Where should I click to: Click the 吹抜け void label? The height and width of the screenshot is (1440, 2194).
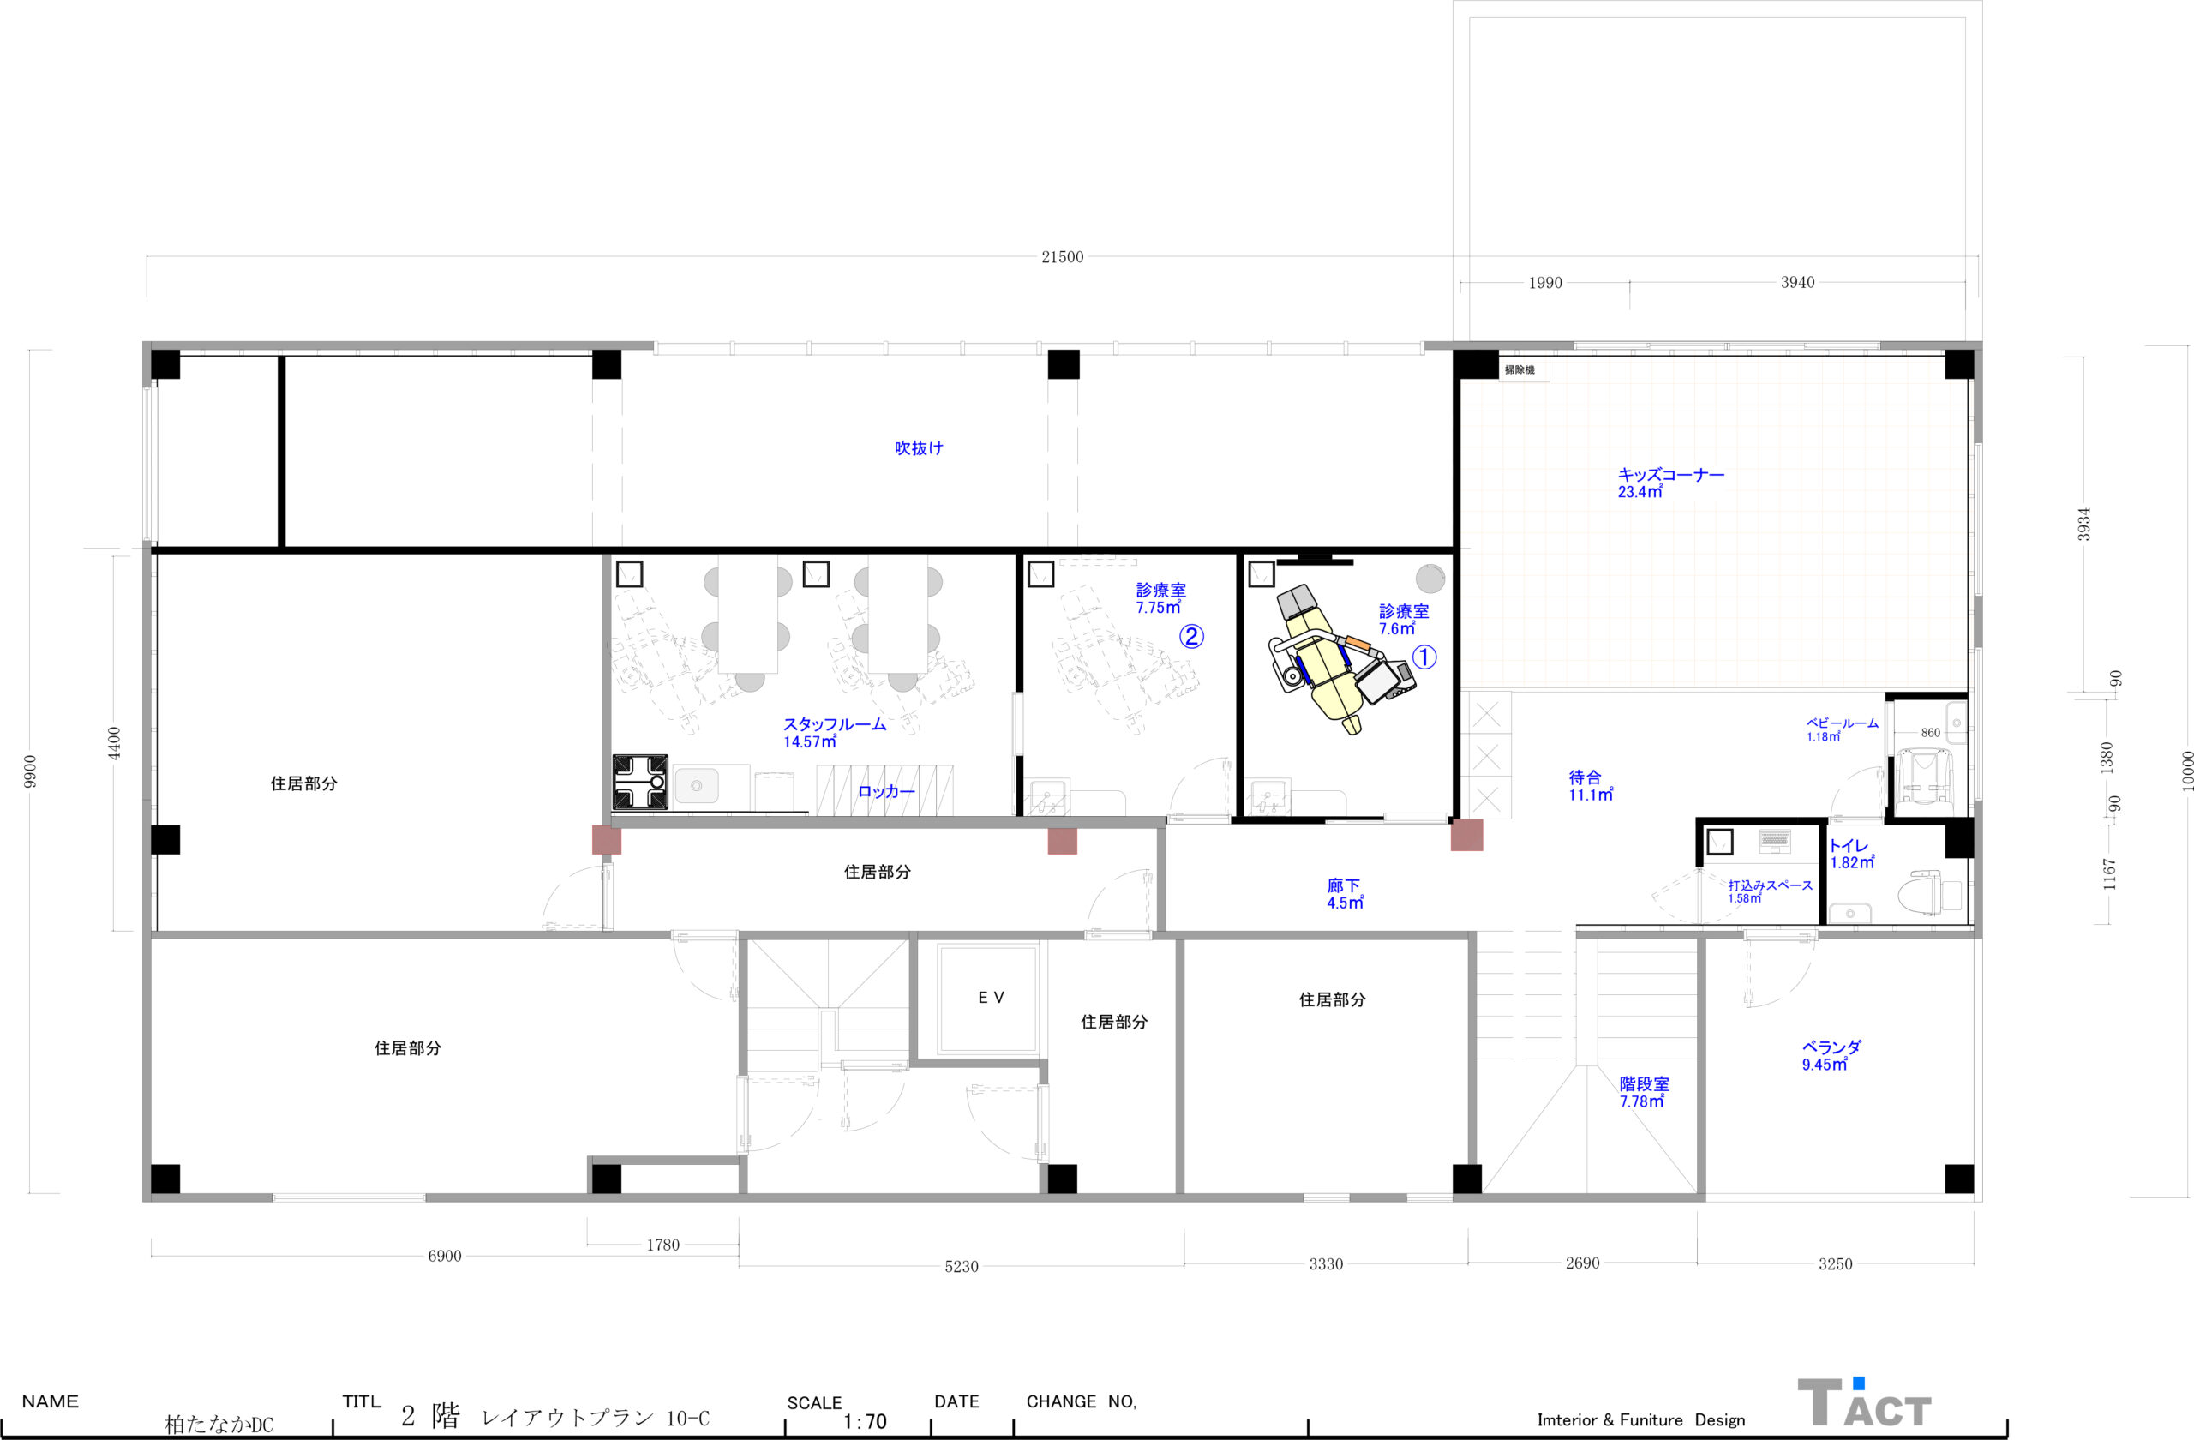918,448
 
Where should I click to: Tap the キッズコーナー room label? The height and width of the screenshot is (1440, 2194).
1670,475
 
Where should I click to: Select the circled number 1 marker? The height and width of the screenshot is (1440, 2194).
1424,657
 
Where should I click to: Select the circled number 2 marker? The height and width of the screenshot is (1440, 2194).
1191,636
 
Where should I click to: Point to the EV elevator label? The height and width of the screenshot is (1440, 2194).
991,998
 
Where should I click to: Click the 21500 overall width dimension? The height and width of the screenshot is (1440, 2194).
1062,257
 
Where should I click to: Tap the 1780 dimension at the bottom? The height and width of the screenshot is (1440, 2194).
662,1245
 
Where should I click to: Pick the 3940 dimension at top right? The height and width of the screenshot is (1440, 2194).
1796,282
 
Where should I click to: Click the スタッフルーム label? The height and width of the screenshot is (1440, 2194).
834,724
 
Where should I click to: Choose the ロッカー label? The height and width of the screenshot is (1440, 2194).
886,791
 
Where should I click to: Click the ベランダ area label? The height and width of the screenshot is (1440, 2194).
1831,1047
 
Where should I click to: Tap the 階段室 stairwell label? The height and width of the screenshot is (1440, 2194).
1645,1084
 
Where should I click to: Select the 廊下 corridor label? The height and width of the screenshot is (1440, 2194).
1343,886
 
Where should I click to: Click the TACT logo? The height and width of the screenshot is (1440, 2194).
1864,1403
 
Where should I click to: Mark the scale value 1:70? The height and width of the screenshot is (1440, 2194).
864,1421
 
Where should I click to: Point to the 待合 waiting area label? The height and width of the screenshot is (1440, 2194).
1585,777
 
